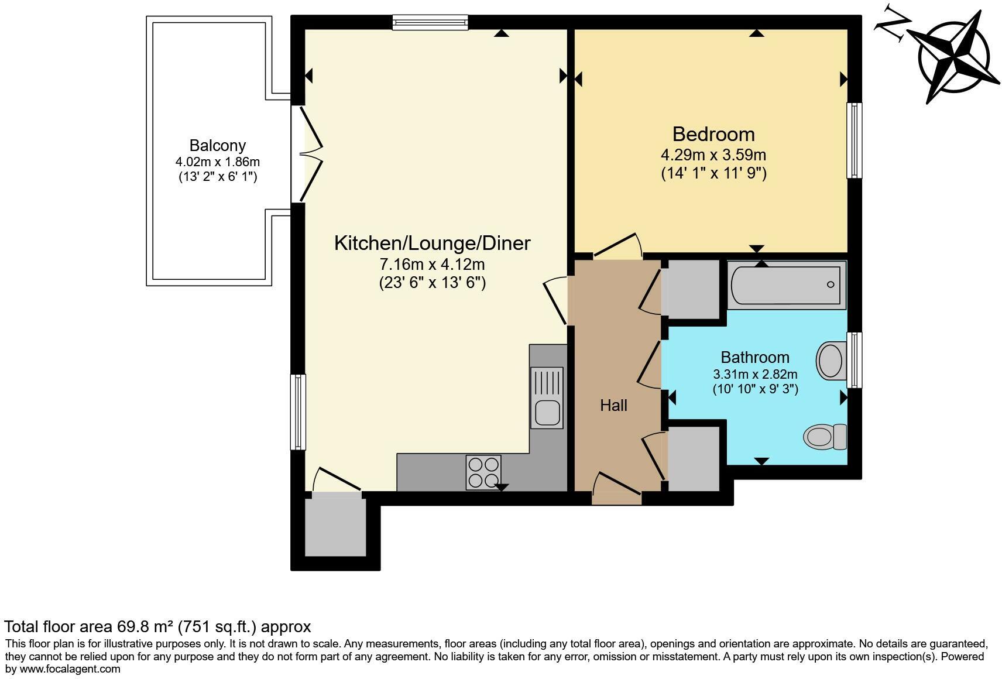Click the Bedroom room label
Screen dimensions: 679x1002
pos(713,134)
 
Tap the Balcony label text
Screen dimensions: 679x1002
pos(217,145)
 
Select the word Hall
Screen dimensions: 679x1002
pos(613,405)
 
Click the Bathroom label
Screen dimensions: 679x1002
pos(754,357)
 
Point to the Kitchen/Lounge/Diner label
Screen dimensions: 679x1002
pos(432,243)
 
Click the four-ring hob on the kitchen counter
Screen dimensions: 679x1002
pos(483,472)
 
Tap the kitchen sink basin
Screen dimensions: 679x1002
pos(547,412)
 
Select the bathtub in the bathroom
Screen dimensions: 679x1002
pos(786,284)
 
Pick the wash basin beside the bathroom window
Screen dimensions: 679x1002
pos(830,360)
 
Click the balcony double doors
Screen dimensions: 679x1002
pos(308,153)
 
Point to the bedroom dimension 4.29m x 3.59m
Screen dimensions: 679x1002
pos(713,155)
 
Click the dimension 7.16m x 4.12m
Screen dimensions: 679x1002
pos(432,265)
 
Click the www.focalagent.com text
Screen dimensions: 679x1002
pos(70,668)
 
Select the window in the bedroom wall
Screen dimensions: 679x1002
pos(855,140)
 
